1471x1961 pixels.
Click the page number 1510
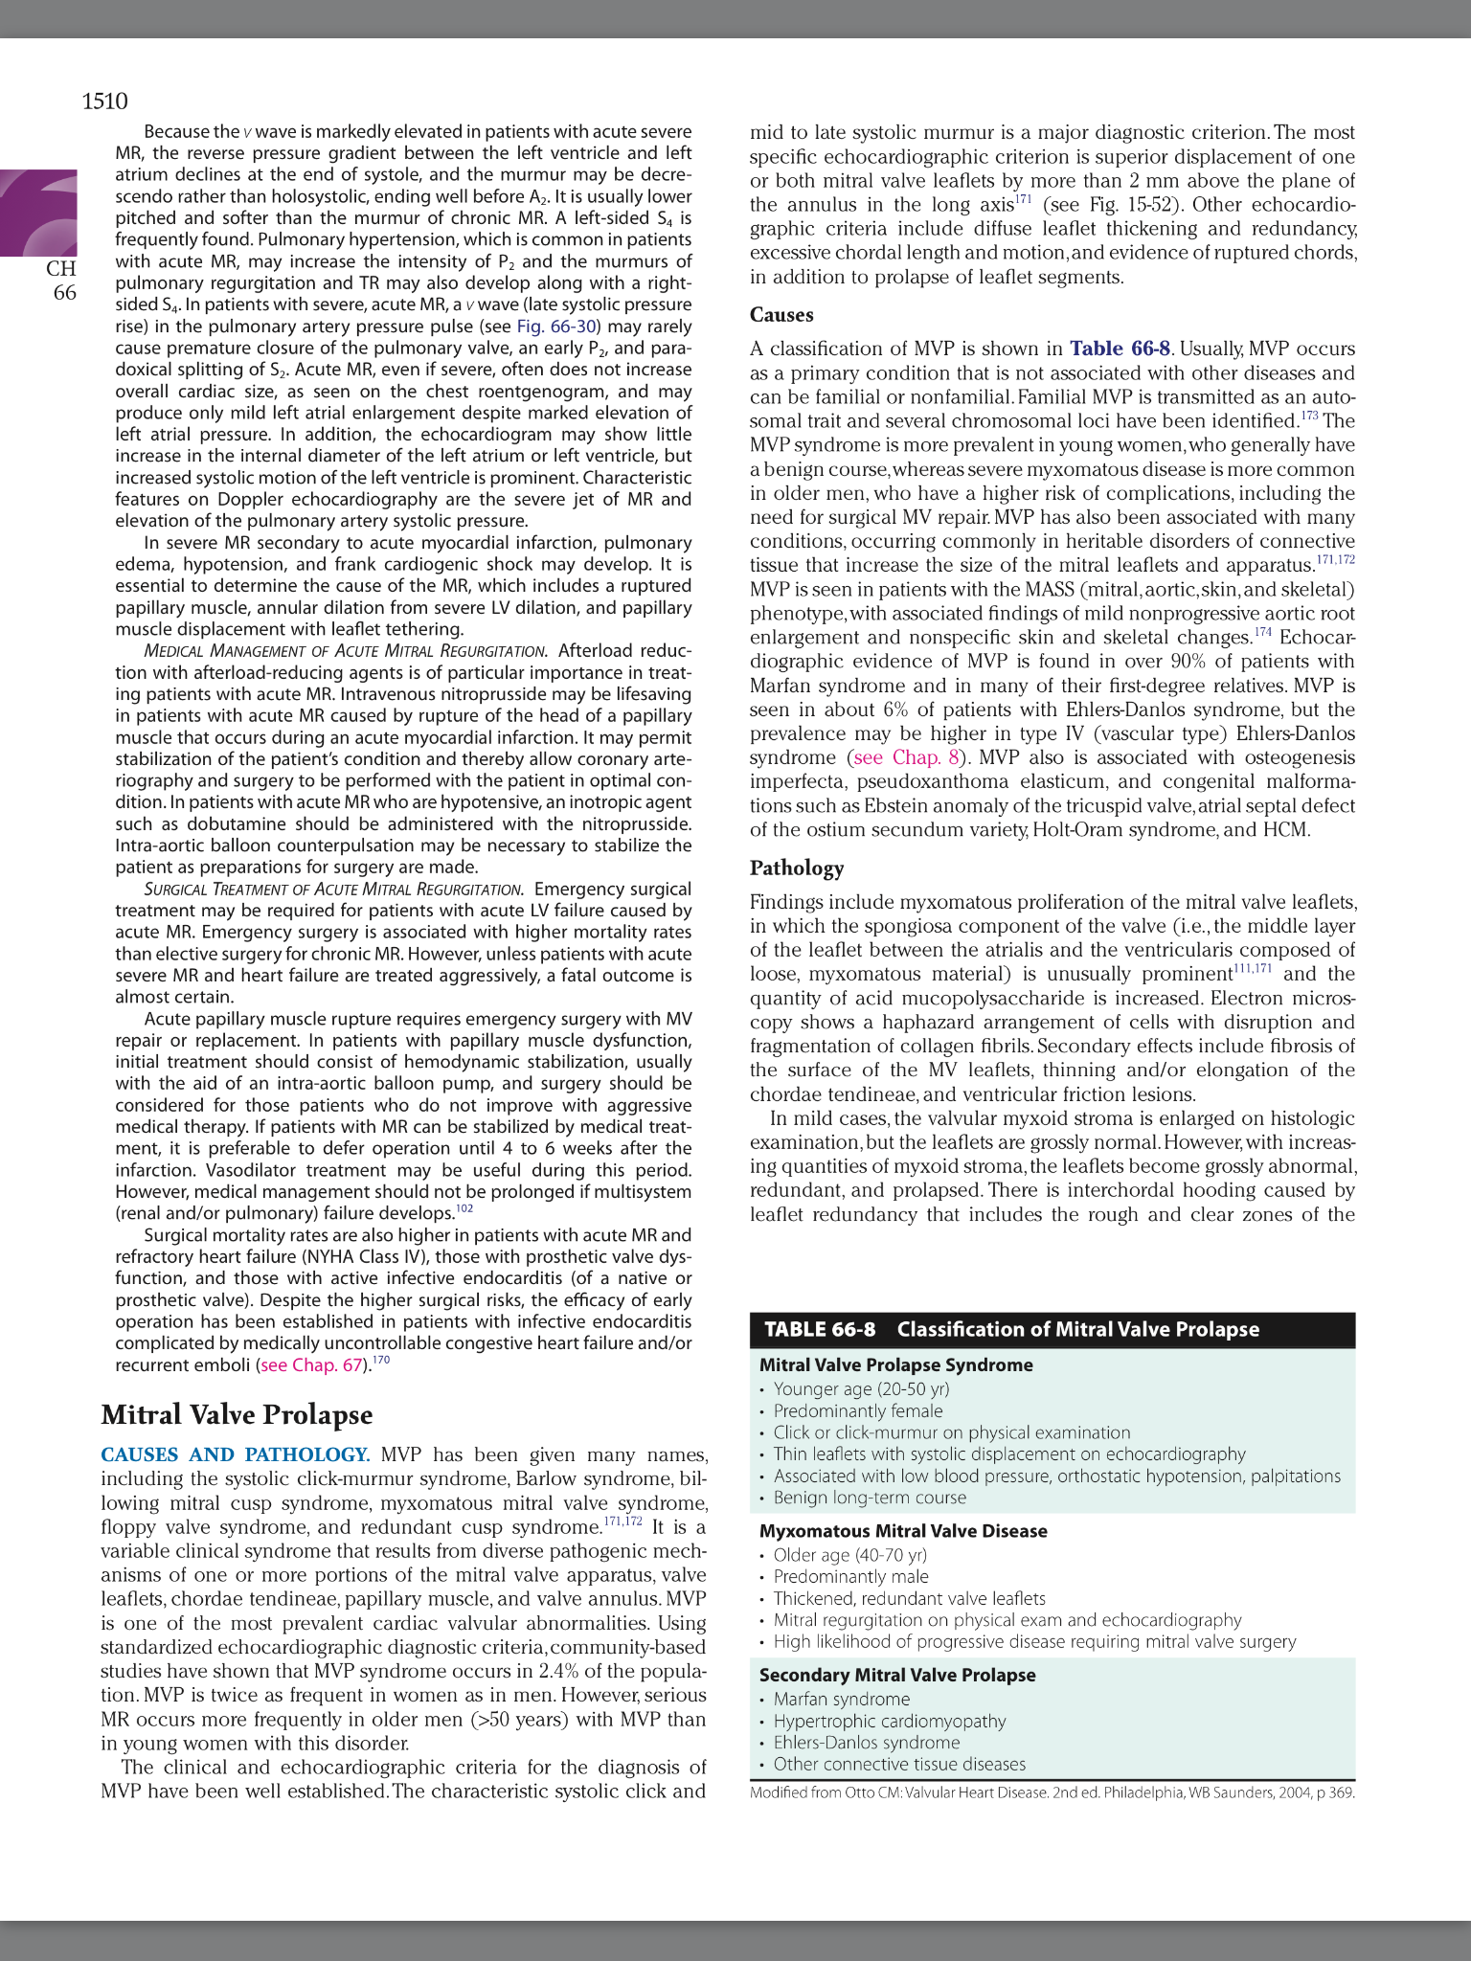coord(104,101)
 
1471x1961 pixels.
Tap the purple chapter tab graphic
coord(39,213)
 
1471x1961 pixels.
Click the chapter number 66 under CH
coord(64,293)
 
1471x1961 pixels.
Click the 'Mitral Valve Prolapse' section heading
coord(237,1415)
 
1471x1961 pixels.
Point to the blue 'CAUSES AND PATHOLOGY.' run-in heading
coord(235,1455)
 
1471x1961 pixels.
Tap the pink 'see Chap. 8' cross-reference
coord(905,757)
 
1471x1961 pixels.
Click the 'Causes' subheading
coord(781,315)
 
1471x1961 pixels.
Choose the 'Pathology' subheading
coord(797,868)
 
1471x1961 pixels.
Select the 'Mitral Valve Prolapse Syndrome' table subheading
coord(895,1365)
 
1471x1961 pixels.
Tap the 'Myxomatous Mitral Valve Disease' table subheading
coord(902,1531)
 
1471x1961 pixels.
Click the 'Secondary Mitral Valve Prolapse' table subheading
coord(896,1675)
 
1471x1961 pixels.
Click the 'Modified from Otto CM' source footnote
coord(1052,1792)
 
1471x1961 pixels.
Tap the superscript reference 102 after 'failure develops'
coord(464,1208)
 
